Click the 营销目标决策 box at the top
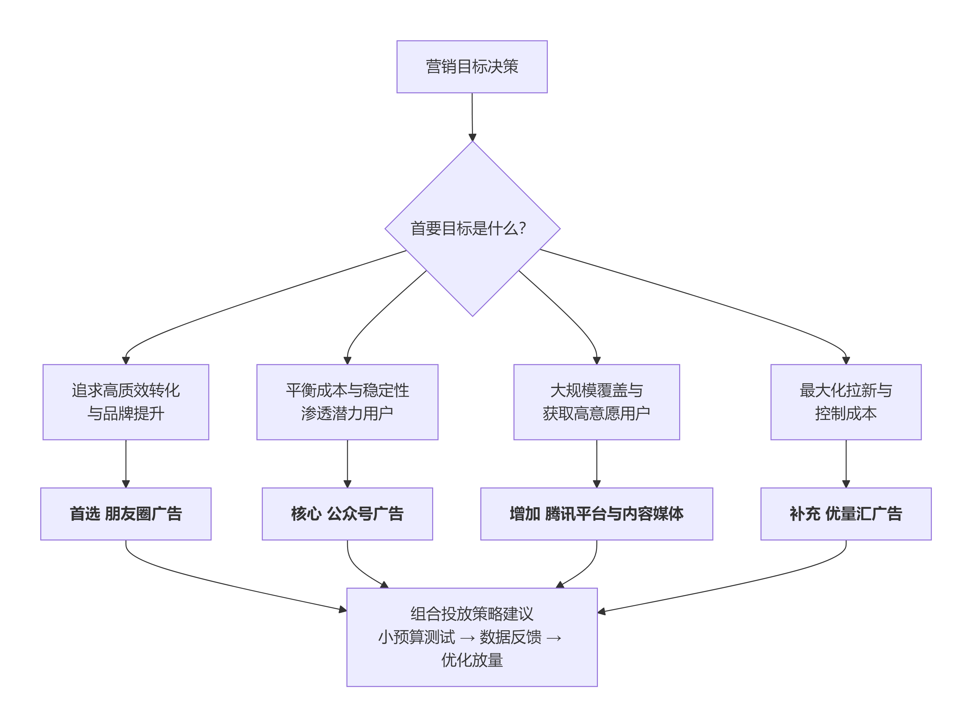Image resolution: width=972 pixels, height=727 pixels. tap(472, 67)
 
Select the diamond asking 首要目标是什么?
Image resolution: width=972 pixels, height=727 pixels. tap(472, 264)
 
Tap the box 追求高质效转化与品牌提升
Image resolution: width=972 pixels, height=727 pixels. tap(126, 402)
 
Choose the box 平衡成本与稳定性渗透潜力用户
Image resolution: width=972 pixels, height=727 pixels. tap(347, 402)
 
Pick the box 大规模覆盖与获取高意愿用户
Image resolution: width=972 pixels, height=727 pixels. tap(596, 402)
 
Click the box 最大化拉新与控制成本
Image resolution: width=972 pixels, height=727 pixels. tap(845, 402)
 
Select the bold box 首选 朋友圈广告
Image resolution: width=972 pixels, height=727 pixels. tap(126, 513)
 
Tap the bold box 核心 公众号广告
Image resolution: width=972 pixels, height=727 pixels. tap(347, 513)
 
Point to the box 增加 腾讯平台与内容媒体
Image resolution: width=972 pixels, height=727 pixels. tap(596, 513)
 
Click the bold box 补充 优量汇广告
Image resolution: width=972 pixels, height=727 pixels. tap(845, 513)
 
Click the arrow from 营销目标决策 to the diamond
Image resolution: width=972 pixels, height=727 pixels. tap(472, 117)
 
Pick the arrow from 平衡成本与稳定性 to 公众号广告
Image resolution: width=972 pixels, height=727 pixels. tap(347, 463)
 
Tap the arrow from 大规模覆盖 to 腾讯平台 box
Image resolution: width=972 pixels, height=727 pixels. tap(596, 463)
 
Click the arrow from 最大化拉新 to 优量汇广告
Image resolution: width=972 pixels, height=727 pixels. tap(846, 463)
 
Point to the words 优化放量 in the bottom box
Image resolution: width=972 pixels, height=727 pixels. tap(472, 660)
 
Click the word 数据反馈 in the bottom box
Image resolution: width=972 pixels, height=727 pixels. tap(510, 637)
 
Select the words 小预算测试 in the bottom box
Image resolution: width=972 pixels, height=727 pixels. tap(416, 637)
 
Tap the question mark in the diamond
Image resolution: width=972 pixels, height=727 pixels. tap(522, 228)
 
